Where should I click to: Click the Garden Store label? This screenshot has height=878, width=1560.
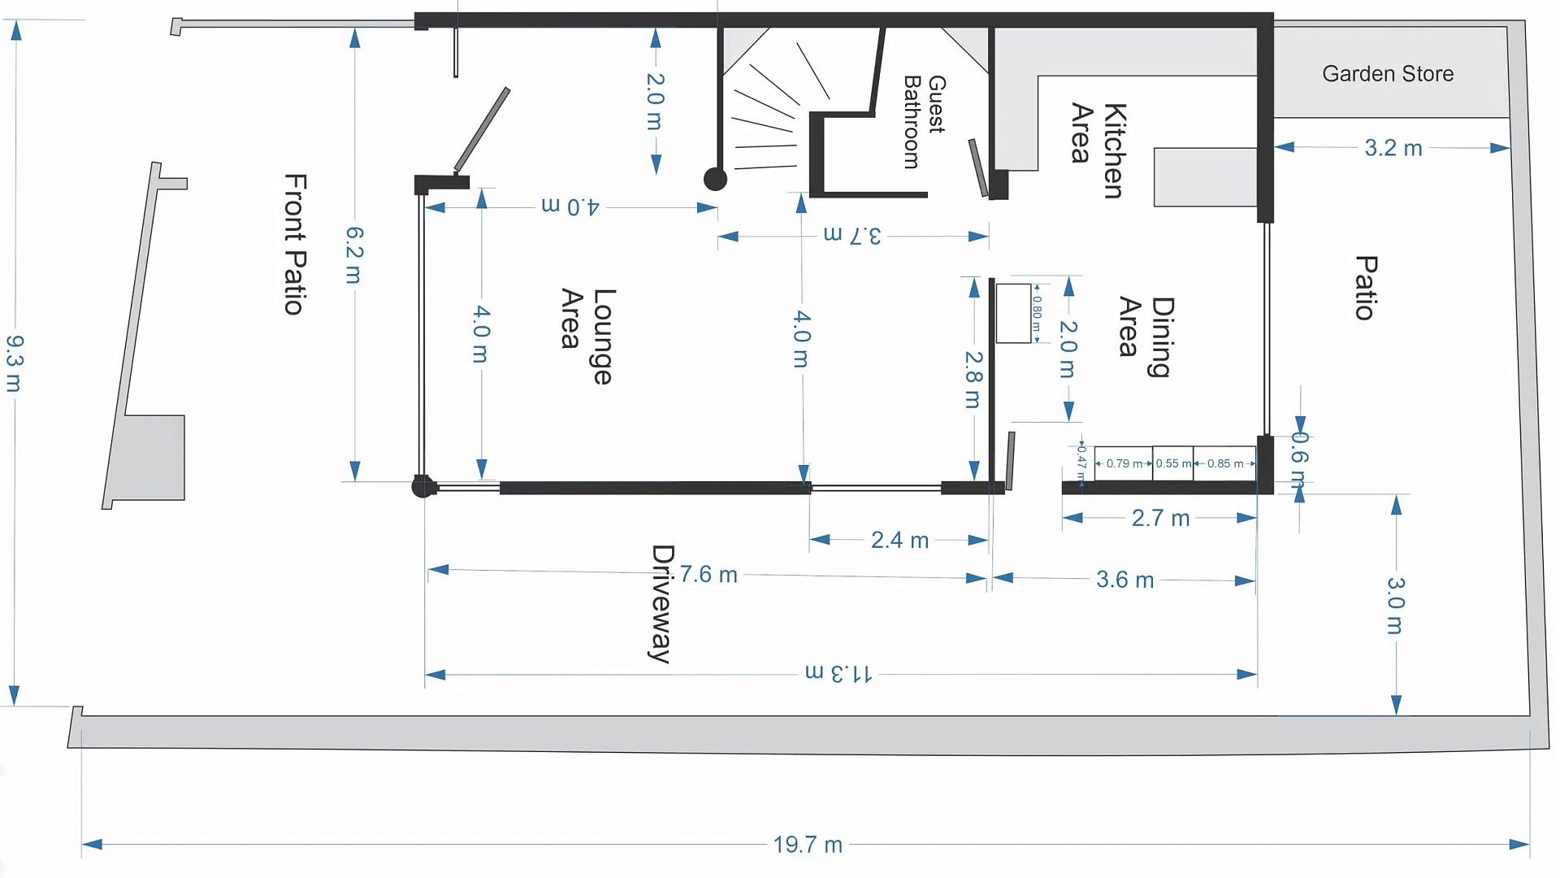(1388, 74)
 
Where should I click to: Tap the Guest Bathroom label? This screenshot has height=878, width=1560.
(924, 122)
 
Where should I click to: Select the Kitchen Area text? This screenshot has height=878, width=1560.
(1098, 150)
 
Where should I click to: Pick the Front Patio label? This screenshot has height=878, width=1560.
(295, 244)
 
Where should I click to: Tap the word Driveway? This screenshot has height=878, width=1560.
(662, 604)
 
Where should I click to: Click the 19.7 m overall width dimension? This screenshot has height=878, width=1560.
(808, 845)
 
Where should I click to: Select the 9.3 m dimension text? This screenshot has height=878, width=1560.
(15, 363)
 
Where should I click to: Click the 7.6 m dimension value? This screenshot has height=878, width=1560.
(708, 575)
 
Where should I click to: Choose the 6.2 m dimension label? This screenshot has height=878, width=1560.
(354, 255)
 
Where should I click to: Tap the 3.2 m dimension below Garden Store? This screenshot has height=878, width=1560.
(1393, 148)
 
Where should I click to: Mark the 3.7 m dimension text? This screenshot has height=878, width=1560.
(852, 236)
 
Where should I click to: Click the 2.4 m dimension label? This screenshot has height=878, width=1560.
(899, 540)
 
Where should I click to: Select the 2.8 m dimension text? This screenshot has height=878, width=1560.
(973, 380)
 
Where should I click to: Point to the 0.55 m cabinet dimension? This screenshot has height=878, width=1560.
(1172, 463)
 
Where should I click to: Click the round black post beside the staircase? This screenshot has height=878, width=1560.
(715, 179)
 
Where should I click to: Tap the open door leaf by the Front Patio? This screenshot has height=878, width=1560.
(482, 129)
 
